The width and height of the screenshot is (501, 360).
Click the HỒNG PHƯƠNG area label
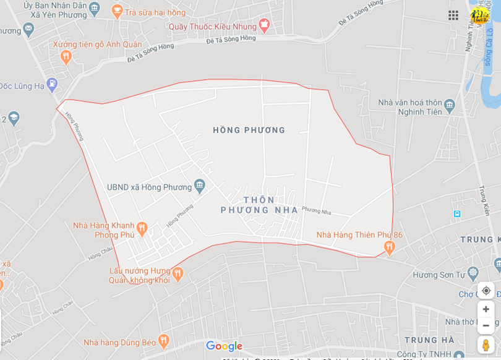click(249, 130)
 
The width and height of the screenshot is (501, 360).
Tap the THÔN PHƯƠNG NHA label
click(259, 205)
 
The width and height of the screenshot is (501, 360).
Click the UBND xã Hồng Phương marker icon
click(199, 185)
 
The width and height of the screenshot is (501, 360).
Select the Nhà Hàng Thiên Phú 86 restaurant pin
click(389, 247)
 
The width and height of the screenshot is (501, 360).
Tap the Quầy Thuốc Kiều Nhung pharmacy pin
click(264, 25)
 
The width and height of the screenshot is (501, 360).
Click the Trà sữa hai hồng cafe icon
click(117, 11)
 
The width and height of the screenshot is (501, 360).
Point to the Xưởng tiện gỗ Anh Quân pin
click(66, 57)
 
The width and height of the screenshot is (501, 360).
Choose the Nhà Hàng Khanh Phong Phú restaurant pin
click(142, 229)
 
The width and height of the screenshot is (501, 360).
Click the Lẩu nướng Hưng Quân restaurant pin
click(178, 273)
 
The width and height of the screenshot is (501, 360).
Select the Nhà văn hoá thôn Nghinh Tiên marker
click(449, 105)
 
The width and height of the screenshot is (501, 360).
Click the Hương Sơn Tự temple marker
click(473, 272)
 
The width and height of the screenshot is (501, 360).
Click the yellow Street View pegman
click(486, 345)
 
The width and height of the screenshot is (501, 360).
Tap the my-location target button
click(486, 290)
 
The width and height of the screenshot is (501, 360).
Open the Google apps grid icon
click(453, 15)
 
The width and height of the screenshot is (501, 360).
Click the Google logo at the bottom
click(224, 346)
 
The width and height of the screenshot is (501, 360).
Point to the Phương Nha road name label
click(316, 211)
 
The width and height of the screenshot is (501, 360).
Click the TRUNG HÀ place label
click(429, 340)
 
